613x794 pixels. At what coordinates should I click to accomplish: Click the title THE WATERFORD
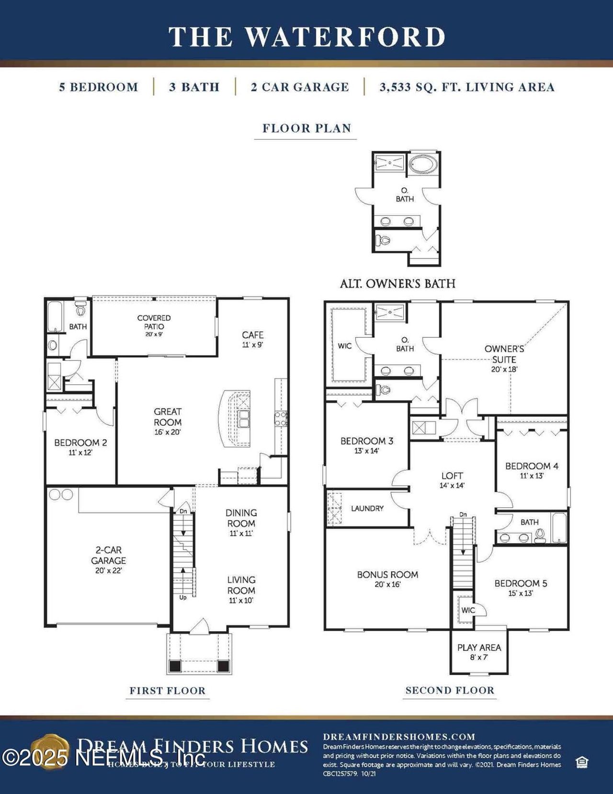click(306, 37)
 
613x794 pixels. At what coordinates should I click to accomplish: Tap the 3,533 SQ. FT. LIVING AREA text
click(467, 87)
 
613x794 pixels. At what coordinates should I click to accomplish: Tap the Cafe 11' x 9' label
click(252, 339)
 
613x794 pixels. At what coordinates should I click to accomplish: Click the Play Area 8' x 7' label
click(479, 652)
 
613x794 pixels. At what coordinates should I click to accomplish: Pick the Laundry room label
click(367, 509)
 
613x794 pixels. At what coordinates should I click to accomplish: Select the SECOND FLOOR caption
click(450, 691)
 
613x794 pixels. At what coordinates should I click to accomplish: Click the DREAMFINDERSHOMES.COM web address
click(399, 737)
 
